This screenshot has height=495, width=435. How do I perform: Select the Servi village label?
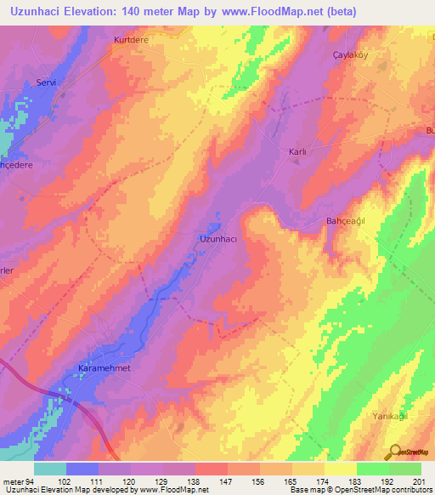(46, 82)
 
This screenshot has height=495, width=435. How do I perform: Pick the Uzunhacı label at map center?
(217, 239)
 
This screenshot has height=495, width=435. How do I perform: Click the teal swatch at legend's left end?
(50, 469)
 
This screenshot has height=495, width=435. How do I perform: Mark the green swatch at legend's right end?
(405, 469)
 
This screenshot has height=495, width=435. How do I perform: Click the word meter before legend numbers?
(12, 481)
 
